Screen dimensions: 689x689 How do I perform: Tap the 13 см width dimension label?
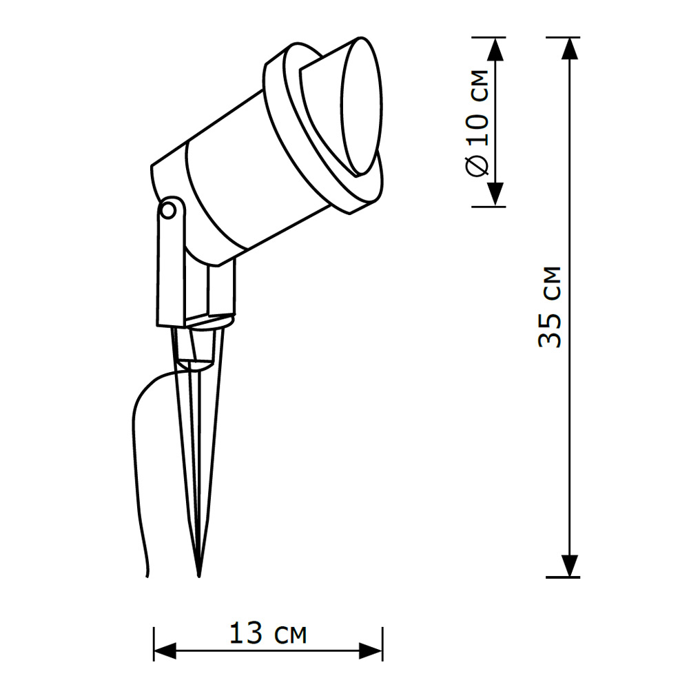pyautogui.click(x=267, y=633)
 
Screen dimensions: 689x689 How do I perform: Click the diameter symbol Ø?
pyautogui.click(x=480, y=165)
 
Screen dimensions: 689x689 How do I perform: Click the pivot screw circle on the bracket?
pyautogui.click(x=167, y=211)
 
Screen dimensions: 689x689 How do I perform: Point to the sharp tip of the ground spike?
pyautogui.click(x=199, y=574)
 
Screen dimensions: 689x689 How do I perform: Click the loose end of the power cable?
pyautogui.click(x=148, y=575)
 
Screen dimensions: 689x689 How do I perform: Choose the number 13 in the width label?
pyautogui.click(x=246, y=633)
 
